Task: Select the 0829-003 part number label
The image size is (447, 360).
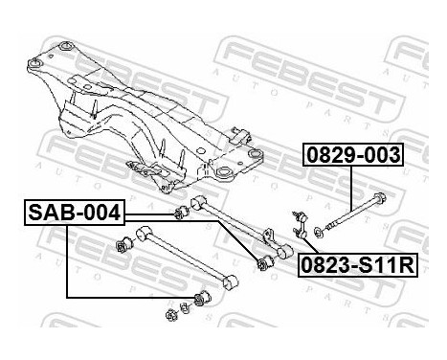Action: [354, 154]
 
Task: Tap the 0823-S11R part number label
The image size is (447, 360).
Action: [356, 265]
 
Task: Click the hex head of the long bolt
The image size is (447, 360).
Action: [381, 200]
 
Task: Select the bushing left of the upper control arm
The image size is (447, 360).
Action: [178, 210]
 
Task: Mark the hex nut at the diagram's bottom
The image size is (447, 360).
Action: [169, 311]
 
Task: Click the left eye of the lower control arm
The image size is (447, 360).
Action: [142, 231]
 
